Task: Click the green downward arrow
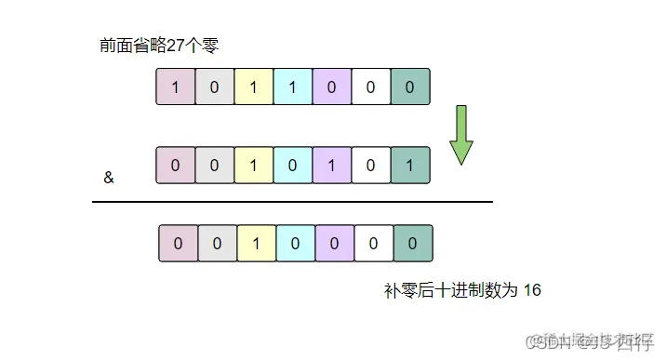coord(461,137)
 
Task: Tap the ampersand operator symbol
coord(109,177)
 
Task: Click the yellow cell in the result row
coord(257,243)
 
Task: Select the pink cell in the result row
coord(179,243)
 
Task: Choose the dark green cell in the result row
coord(413,243)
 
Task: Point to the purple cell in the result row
coord(335,243)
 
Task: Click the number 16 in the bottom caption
coord(532,290)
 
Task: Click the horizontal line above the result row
coord(292,201)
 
